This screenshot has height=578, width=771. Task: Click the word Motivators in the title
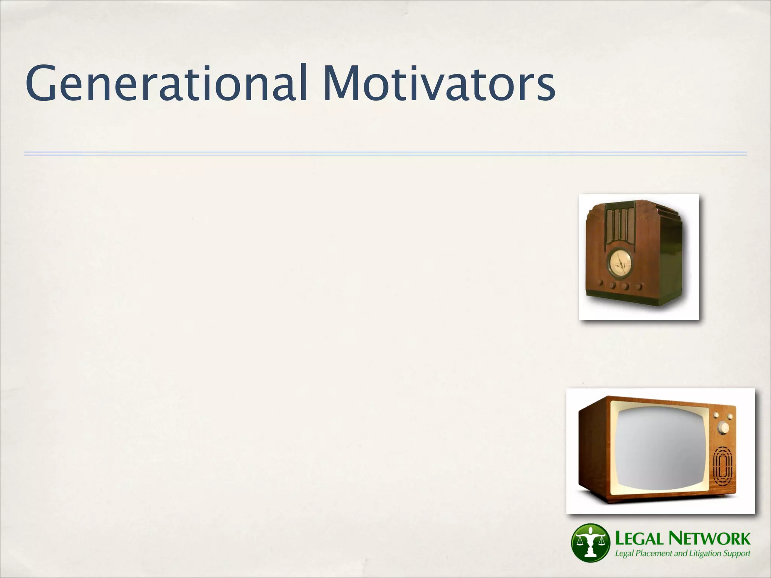pos(439,84)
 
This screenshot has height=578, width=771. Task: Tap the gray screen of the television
pos(661,449)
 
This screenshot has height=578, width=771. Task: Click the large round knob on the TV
pos(723,427)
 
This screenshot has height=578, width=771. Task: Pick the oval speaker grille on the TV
pos(723,468)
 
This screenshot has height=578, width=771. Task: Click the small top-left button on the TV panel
pos(716,415)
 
